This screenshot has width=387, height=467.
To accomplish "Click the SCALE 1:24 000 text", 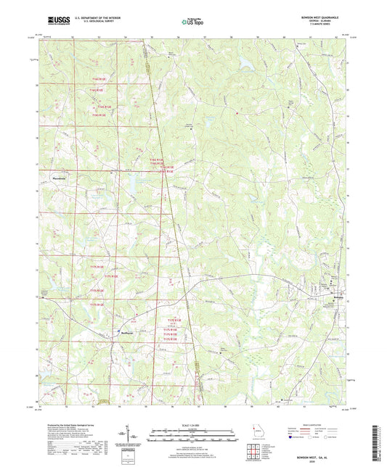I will click(x=193, y=424).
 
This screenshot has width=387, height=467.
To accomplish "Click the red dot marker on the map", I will click(x=237, y=112).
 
